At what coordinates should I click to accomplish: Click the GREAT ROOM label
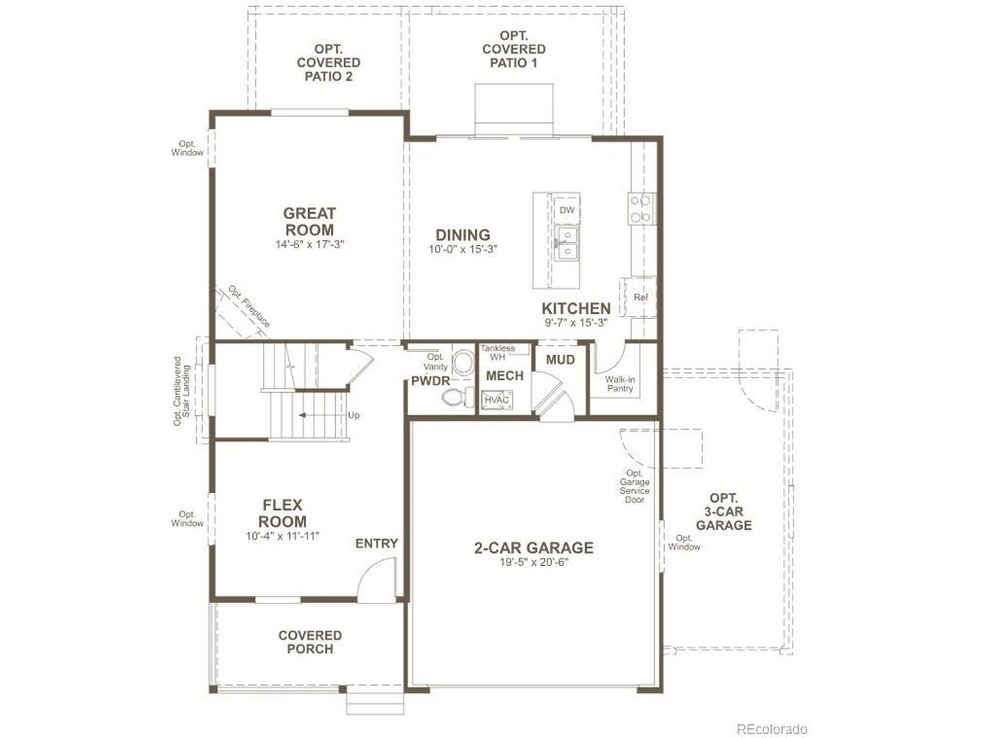309,221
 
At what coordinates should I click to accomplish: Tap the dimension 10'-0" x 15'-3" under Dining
463,249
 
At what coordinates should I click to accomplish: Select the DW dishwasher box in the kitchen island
567,210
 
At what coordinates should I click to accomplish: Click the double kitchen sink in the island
567,244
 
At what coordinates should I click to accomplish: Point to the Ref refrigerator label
640,297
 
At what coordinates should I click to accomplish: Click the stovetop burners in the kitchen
641,209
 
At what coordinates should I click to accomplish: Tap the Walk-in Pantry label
620,384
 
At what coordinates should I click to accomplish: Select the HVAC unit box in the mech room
497,400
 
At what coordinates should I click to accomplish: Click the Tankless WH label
497,353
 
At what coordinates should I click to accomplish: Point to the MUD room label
560,360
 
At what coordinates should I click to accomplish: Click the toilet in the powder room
458,397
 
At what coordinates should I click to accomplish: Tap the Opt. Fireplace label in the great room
249,307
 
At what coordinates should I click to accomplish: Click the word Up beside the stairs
354,415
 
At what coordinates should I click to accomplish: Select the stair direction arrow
322,415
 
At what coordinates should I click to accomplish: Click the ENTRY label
377,544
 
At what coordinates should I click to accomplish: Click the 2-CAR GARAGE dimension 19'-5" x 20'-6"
534,563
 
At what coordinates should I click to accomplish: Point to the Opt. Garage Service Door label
634,486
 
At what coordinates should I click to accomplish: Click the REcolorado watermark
772,729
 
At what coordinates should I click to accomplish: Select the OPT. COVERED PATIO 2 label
328,63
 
